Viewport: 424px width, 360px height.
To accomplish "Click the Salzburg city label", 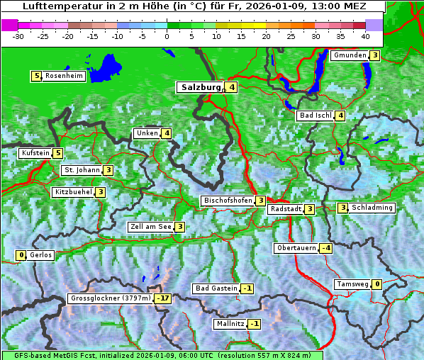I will point(201,88).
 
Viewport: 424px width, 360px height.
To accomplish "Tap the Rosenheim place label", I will point(63,76).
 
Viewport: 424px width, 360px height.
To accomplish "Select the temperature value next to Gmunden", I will point(374,55).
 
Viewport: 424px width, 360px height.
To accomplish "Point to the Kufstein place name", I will point(35,153).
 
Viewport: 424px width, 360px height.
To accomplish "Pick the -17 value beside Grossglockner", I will point(163,298).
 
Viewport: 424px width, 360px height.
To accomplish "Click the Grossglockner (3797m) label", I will point(111,298).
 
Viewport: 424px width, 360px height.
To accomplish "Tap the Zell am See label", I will point(150,227).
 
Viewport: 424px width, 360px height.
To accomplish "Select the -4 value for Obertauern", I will point(325,248).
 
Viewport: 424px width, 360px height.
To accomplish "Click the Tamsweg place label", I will point(352,284).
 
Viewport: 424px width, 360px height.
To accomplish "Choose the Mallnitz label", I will point(230,324).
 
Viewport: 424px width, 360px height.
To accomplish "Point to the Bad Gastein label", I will point(216,288).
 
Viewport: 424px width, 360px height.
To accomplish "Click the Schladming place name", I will point(372,208).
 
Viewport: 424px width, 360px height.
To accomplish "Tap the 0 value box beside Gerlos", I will point(21,255).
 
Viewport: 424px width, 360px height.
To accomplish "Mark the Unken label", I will point(147,133).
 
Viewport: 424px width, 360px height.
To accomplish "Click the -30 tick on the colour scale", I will point(18,35).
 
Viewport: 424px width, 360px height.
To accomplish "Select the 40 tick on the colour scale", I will point(365,35).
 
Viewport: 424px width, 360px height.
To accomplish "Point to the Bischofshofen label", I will point(228,201).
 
